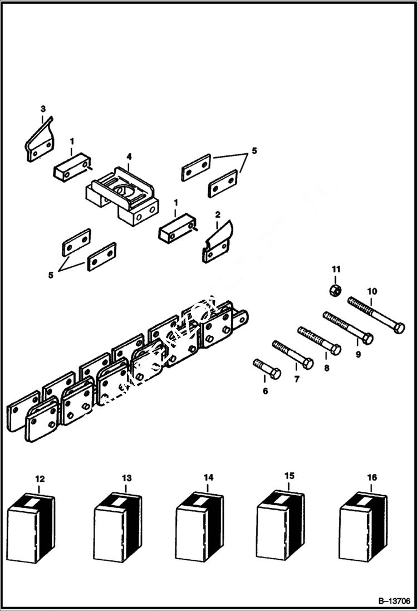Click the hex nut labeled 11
[335, 290]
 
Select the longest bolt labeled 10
[376, 315]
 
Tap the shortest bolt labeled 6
[267, 369]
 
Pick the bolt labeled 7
[292, 355]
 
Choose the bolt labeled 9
[348, 328]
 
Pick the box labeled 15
[280, 524]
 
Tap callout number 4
[129, 157]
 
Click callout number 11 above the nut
[336, 270]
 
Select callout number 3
[43, 108]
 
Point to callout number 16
[372, 477]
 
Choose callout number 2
[218, 214]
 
